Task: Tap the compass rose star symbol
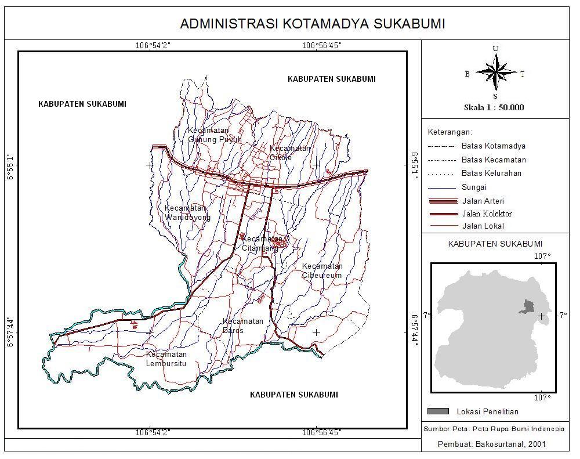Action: (495, 73)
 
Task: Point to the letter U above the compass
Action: (495, 48)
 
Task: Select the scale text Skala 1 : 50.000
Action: (494, 107)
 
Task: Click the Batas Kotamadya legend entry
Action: (493, 146)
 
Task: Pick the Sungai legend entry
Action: (474, 187)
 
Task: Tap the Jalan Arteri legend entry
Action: (484, 201)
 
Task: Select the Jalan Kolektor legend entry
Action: (487, 214)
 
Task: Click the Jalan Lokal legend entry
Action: (483, 226)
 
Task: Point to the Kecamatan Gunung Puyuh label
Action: (206, 135)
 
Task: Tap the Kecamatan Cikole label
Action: (289, 152)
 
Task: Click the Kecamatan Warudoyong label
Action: (187, 212)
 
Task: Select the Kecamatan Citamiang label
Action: (262, 244)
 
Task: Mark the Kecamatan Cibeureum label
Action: (322, 271)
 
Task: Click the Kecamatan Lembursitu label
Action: (166, 359)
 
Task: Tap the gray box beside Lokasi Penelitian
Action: (438, 411)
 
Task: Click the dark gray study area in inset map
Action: (527, 307)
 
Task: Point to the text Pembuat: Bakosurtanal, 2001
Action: (491, 444)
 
